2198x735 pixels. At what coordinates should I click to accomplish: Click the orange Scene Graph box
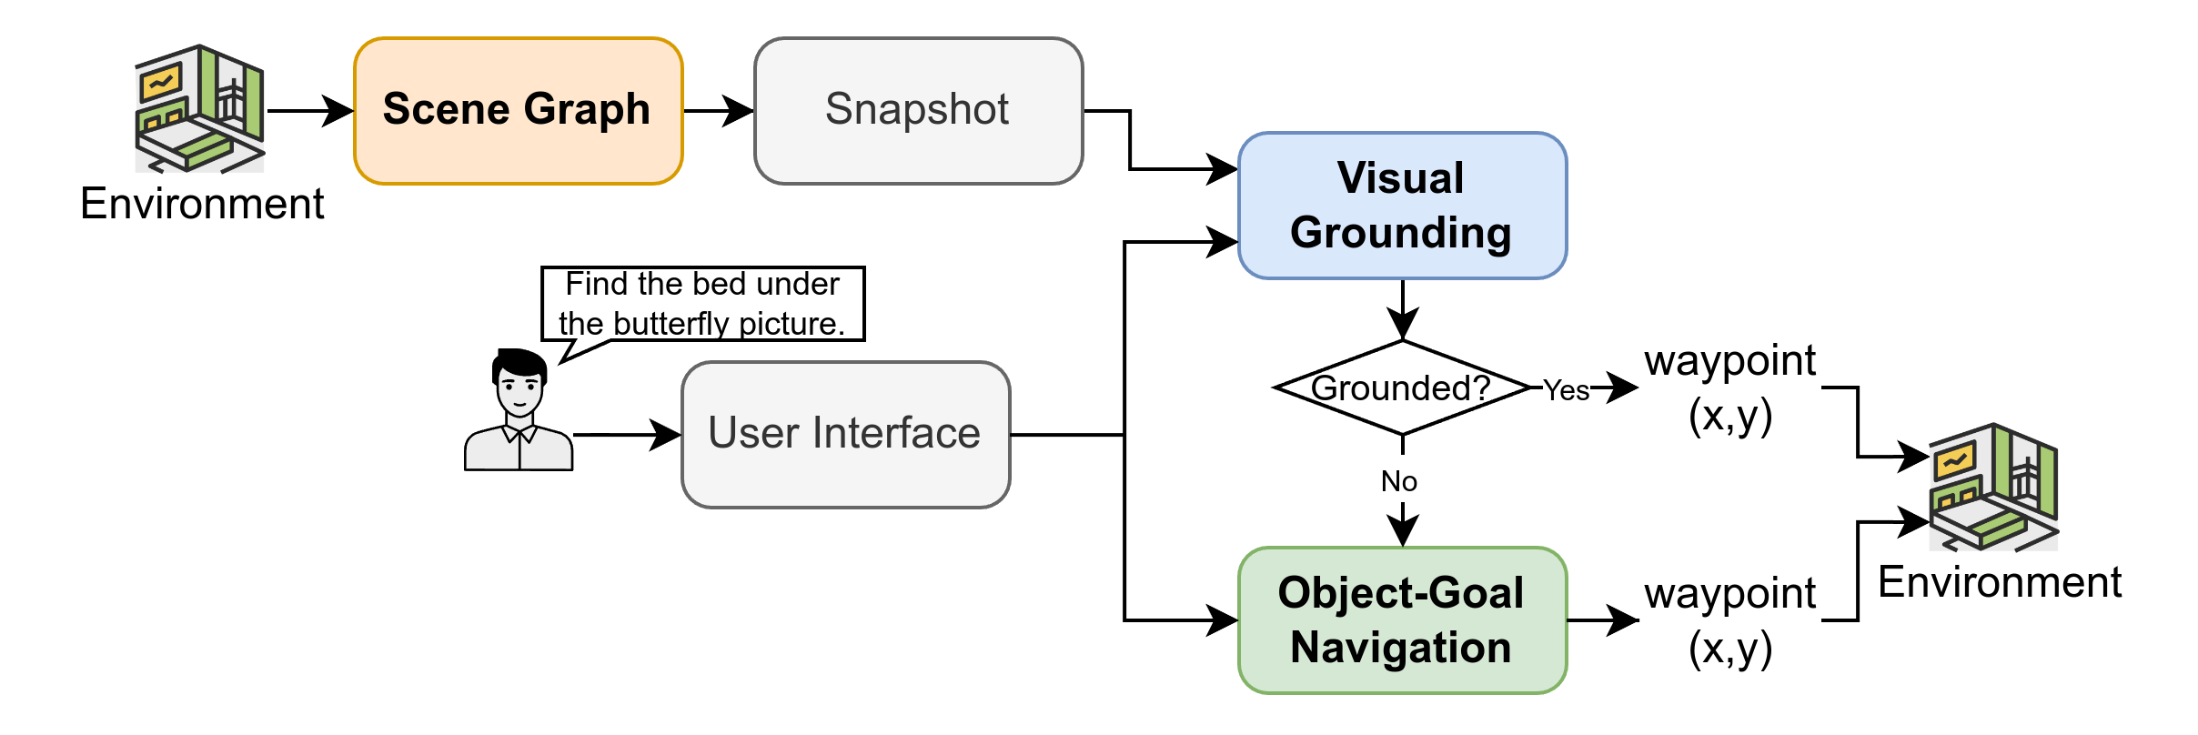(x=518, y=111)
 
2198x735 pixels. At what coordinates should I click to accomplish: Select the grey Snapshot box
(x=918, y=111)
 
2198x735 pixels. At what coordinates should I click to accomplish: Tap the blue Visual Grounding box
(x=1402, y=206)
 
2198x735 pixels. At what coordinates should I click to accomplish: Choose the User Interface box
(x=845, y=434)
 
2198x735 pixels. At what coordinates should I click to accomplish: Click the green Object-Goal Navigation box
(x=1402, y=620)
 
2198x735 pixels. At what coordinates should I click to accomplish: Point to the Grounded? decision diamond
(x=1402, y=388)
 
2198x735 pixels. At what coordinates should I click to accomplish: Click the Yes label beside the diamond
(x=1566, y=388)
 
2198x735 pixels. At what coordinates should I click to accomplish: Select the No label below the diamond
(x=1398, y=479)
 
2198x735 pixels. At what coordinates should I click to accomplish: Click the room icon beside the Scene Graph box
(x=199, y=109)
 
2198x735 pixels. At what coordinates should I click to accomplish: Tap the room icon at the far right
(x=1993, y=488)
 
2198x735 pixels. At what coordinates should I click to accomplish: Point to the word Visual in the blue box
(x=1400, y=178)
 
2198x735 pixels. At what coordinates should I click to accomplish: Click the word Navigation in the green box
(x=1400, y=648)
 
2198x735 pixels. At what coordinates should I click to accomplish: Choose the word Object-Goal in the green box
(x=1400, y=593)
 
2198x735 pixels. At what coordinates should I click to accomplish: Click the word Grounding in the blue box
(x=1400, y=233)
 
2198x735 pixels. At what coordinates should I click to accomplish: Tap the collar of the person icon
(x=519, y=432)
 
